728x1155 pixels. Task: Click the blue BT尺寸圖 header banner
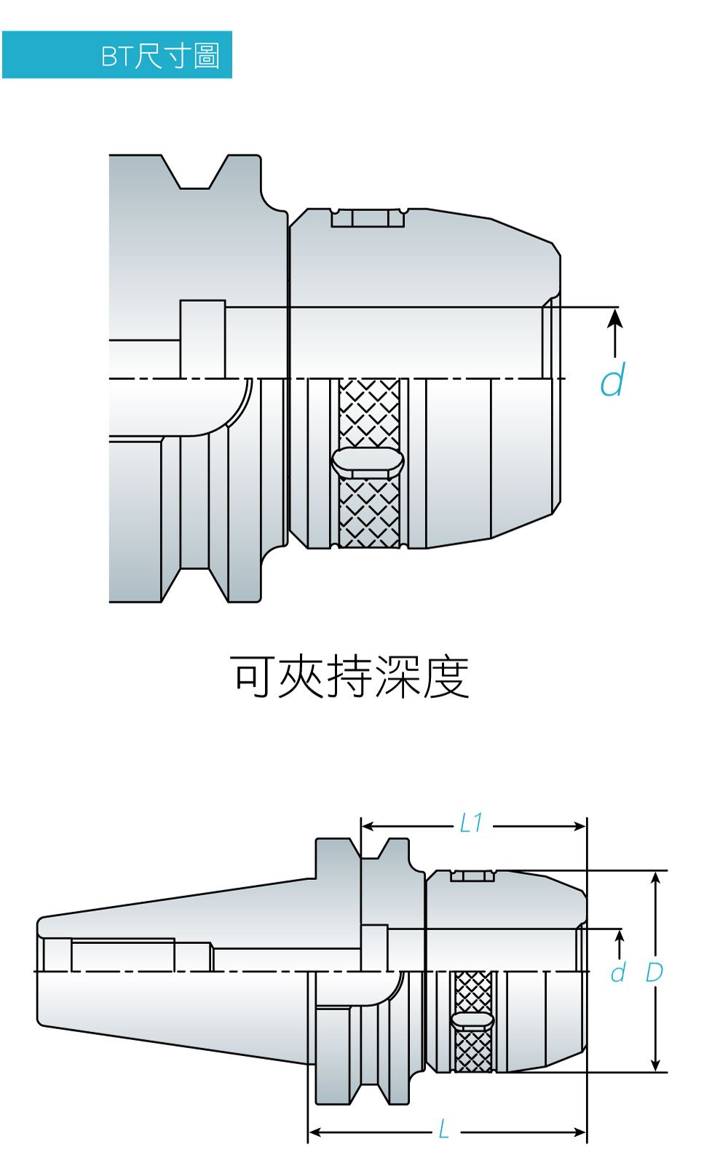point(116,55)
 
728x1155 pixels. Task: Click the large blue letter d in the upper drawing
point(612,380)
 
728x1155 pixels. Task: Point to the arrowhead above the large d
point(615,317)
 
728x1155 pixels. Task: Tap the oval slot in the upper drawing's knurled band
point(368,461)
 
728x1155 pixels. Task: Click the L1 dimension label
point(472,823)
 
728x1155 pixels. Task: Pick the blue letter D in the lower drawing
point(654,972)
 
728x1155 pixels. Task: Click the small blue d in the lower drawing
point(618,972)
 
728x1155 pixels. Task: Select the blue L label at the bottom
point(444,1130)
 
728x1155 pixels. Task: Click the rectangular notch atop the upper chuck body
point(368,218)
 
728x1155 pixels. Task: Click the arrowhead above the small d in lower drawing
point(620,935)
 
